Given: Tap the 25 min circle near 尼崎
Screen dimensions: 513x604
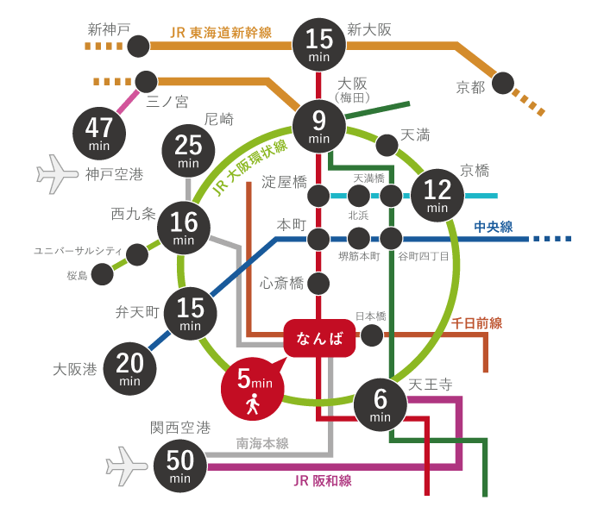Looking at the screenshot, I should pyautogui.click(x=187, y=152).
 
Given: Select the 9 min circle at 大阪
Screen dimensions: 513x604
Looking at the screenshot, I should pyautogui.click(x=319, y=127).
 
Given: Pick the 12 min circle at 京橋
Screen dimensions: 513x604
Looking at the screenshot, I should pyautogui.click(x=437, y=196).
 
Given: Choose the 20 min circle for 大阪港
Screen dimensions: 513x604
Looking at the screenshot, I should pyautogui.click(x=130, y=368).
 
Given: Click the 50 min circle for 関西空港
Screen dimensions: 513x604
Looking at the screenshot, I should pyautogui.click(x=180, y=467).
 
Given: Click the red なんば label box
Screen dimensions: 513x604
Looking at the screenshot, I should pyautogui.click(x=319, y=338).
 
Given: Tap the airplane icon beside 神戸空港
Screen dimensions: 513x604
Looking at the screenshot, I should pyautogui.click(x=58, y=173).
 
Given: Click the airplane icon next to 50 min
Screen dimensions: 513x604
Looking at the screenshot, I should pyautogui.click(x=127, y=466).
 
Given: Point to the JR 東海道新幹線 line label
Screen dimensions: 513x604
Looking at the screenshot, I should pyautogui.click(x=221, y=33).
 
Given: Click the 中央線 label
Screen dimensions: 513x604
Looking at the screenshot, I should pyautogui.click(x=493, y=227).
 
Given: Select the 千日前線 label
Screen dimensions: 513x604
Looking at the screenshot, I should pyautogui.click(x=476, y=322).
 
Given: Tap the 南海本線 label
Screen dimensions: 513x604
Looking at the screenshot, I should pyautogui.click(x=262, y=443).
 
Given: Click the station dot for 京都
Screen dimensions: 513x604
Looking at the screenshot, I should pyautogui.click(x=502, y=84).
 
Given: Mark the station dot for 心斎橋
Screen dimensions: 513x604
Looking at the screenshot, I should pyautogui.click(x=319, y=283).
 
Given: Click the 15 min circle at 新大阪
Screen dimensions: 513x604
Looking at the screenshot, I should pyautogui.click(x=319, y=43).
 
